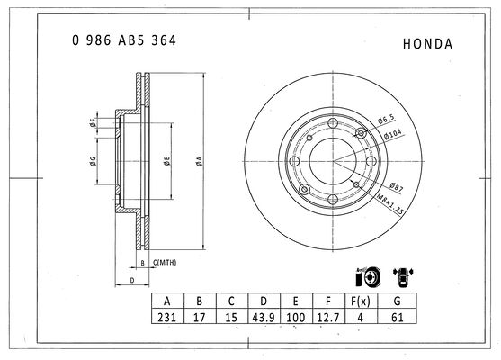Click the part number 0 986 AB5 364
click(x=124, y=40)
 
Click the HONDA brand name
click(x=428, y=44)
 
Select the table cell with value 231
click(x=167, y=317)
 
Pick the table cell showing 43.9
click(x=264, y=317)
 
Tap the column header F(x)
click(x=361, y=301)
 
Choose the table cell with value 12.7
click(x=328, y=317)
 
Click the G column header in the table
click(x=398, y=301)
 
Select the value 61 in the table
click(x=398, y=317)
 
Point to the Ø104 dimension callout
click(x=393, y=134)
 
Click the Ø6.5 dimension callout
click(x=386, y=120)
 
